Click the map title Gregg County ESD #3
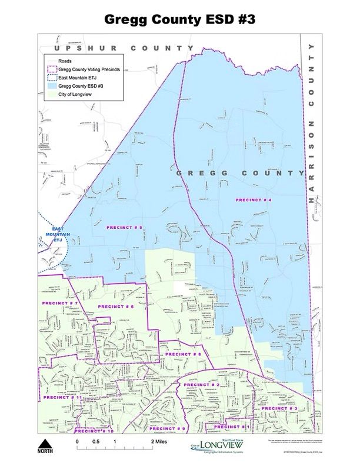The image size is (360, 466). pos(179,19)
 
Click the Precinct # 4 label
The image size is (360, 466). pos(254,200)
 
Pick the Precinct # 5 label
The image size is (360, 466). pos(124,227)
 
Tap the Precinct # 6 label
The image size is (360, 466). pos(116,307)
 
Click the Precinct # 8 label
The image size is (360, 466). pos(184,354)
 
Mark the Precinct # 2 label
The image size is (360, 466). pos(202,384)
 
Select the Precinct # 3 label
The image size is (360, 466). pos(280,408)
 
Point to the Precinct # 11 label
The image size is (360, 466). pos(61,398)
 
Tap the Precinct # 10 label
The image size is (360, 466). pos(94,431)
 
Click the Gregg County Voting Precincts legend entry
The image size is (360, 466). pos(87,69)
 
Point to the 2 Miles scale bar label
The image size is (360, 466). pos(159,441)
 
